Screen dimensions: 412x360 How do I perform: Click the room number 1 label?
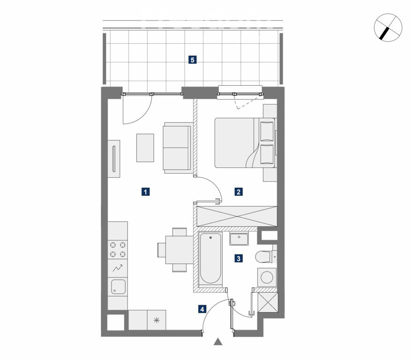pos(145,192)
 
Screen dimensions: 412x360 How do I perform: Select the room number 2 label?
pos(239,192)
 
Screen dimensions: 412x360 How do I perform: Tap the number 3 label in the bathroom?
pos(239,259)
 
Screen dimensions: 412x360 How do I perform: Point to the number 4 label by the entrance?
pos(202,309)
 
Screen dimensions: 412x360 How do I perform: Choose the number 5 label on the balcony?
pos(192,60)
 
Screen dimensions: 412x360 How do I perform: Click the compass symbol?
pos(388,27)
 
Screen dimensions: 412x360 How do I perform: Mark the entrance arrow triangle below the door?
pos(218,342)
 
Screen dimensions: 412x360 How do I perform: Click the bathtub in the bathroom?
pos(210,258)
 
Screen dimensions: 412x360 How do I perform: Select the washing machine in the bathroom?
pos(267,277)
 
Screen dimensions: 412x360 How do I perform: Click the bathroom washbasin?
pos(239,239)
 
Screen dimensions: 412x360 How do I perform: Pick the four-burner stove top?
pos(118,250)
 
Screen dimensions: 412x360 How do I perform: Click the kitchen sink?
pos(118,287)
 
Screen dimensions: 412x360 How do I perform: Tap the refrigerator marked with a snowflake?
pos(157,320)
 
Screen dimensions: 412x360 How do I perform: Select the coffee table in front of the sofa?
pos(145,148)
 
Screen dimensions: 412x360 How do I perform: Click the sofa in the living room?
pos(178,148)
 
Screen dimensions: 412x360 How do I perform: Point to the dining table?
pos(179,250)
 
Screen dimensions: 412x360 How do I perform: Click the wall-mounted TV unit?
pos(114,159)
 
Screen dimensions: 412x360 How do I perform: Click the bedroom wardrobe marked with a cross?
pos(237,216)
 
